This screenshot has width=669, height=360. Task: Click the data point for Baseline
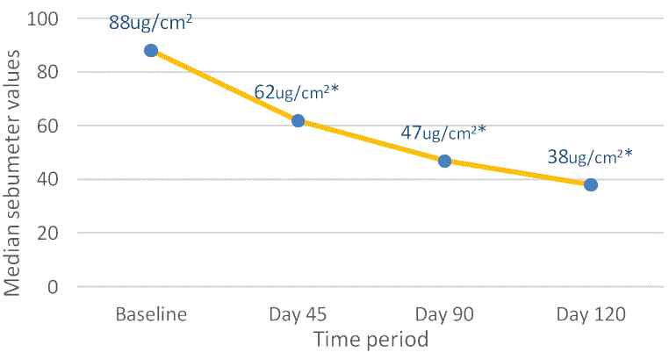tap(151, 51)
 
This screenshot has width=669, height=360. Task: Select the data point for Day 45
tap(298, 120)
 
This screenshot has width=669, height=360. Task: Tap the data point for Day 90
tap(444, 161)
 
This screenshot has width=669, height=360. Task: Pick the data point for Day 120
tap(591, 184)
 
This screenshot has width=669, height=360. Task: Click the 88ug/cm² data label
tap(150, 23)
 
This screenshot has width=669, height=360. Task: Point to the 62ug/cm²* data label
tap(297, 92)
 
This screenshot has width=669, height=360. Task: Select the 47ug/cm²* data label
tap(443, 133)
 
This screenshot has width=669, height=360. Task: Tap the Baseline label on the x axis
tap(151, 315)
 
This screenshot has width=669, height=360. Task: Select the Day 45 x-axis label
tap(298, 315)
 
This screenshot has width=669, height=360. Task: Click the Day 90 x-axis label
tap(444, 315)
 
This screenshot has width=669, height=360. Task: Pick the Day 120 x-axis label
tap(591, 315)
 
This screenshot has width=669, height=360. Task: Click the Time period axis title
tap(372, 340)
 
